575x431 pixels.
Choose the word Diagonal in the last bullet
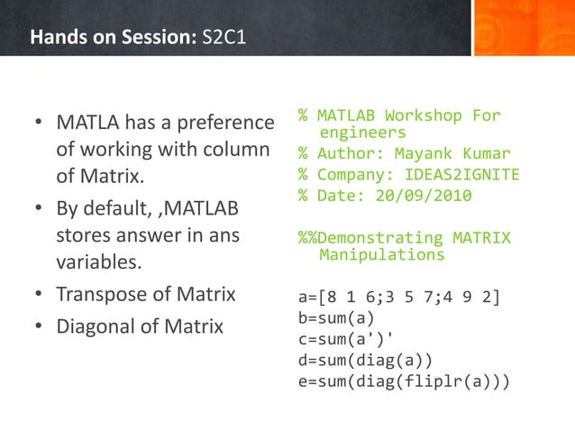click(x=96, y=326)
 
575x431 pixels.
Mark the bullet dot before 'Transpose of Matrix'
click(x=39, y=295)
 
